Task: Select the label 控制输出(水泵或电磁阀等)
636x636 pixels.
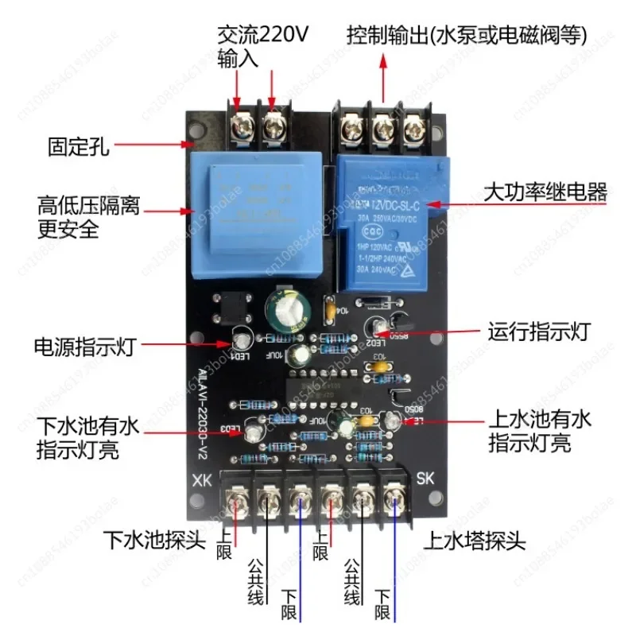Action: (467, 36)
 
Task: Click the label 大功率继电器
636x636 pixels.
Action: (545, 192)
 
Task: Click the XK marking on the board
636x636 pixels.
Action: (202, 480)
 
